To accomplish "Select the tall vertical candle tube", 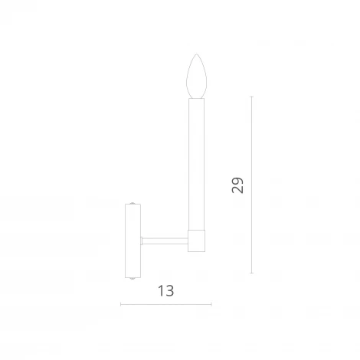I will click(x=198, y=161).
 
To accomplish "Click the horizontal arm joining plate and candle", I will click(x=165, y=241).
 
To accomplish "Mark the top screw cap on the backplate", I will click(x=133, y=205).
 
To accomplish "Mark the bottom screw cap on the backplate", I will click(x=133, y=277).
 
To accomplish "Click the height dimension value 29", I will click(x=238, y=185).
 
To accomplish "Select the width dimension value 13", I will click(x=165, y=290).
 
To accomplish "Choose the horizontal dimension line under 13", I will click(x=165, y=304).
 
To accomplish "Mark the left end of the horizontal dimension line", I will click(x=122, y=304).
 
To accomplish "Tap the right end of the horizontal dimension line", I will click(x=211, y=304).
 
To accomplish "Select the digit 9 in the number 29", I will click(x=238, y=180).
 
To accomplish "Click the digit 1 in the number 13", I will click(x=160, y=290).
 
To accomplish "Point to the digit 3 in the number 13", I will click(x=170, y=290).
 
